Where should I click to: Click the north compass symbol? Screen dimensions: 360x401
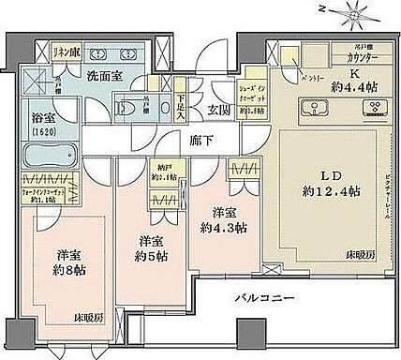coord(356,13)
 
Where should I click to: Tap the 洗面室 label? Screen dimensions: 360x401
coord(104,78)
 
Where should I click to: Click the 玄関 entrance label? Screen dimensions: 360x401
coord(217,111)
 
